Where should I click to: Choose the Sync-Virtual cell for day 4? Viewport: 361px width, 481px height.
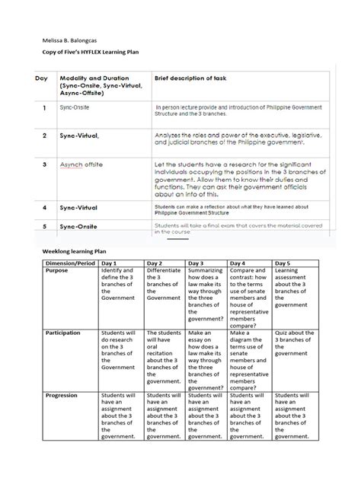[81, 207]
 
